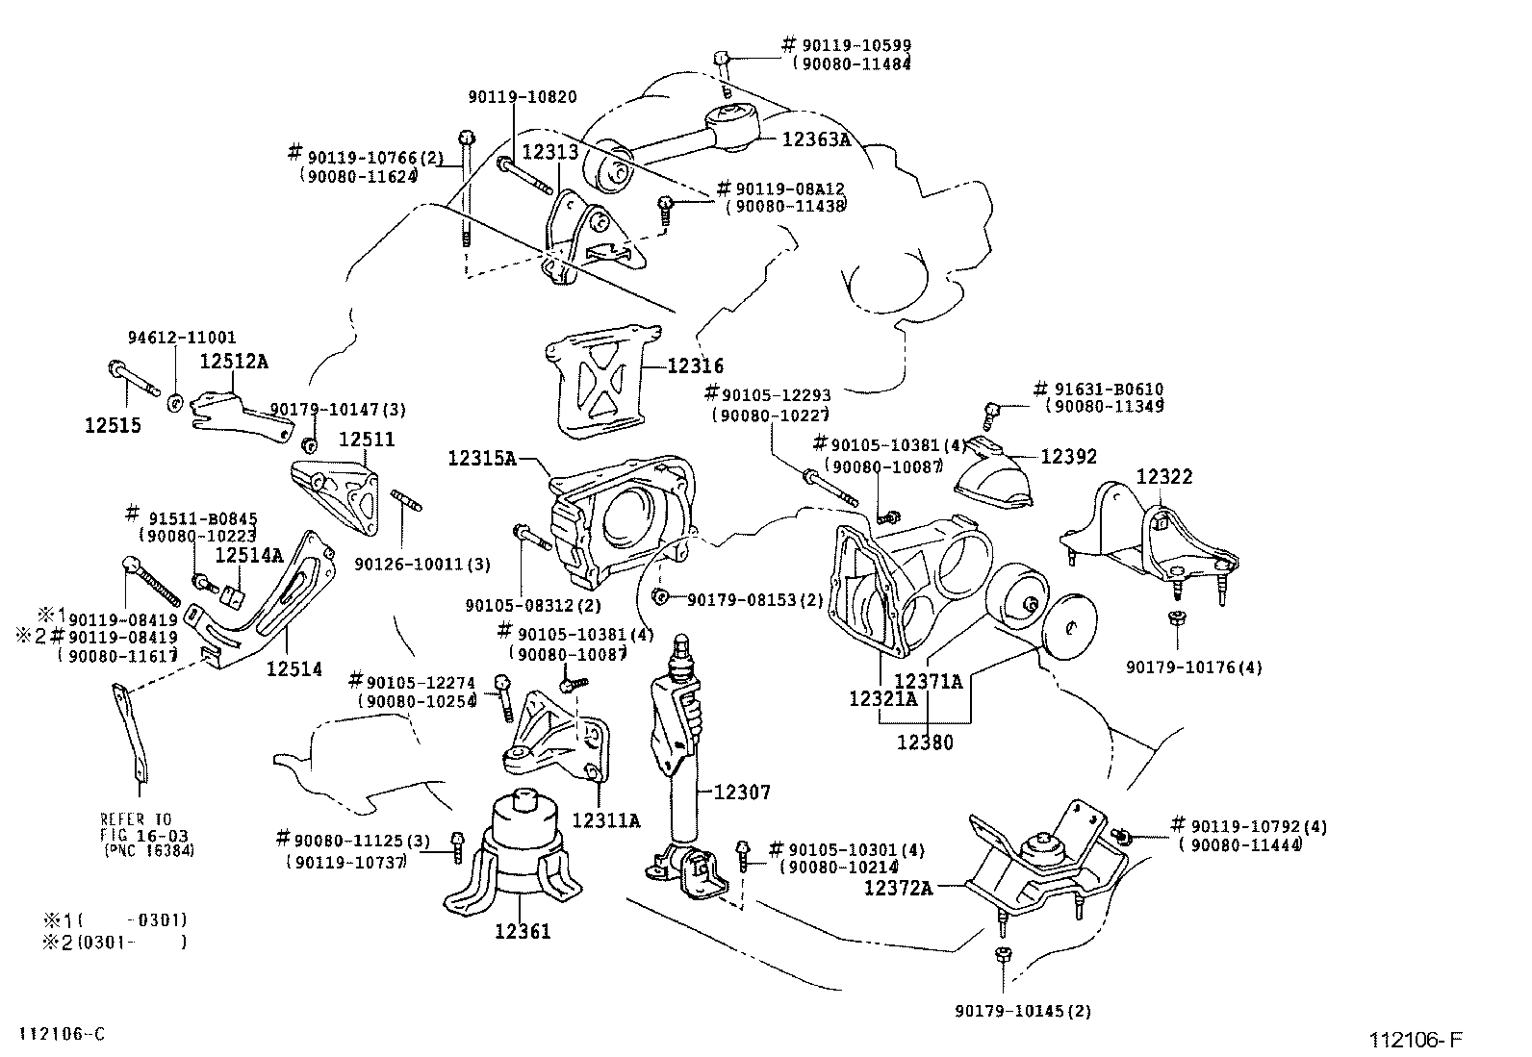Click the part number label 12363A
(x=816, y=139)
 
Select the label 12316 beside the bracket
(x=695, y=365)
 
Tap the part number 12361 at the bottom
(x=523, y=931)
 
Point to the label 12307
(x=742, y=793)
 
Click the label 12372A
(x=898, y=888)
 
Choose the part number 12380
(x=925, y=742)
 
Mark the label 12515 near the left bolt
(x=113, y=425)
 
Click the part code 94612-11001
(x=182, y=338)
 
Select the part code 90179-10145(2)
(x=1023, y=1011)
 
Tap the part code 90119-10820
(x=523, y=97)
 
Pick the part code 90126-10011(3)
(x=422, y=565)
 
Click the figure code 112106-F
(x=1415, y=1040)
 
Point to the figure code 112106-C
(x=63, y=1034)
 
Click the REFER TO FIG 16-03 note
(x=147, y=835)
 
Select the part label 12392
(x=1068, y=457)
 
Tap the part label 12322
(x=1164, y=476)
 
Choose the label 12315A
(x=482, y=458)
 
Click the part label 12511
(x=367, y=439)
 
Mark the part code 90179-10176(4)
(x=1194, y=667)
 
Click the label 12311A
(x=606, y=820)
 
